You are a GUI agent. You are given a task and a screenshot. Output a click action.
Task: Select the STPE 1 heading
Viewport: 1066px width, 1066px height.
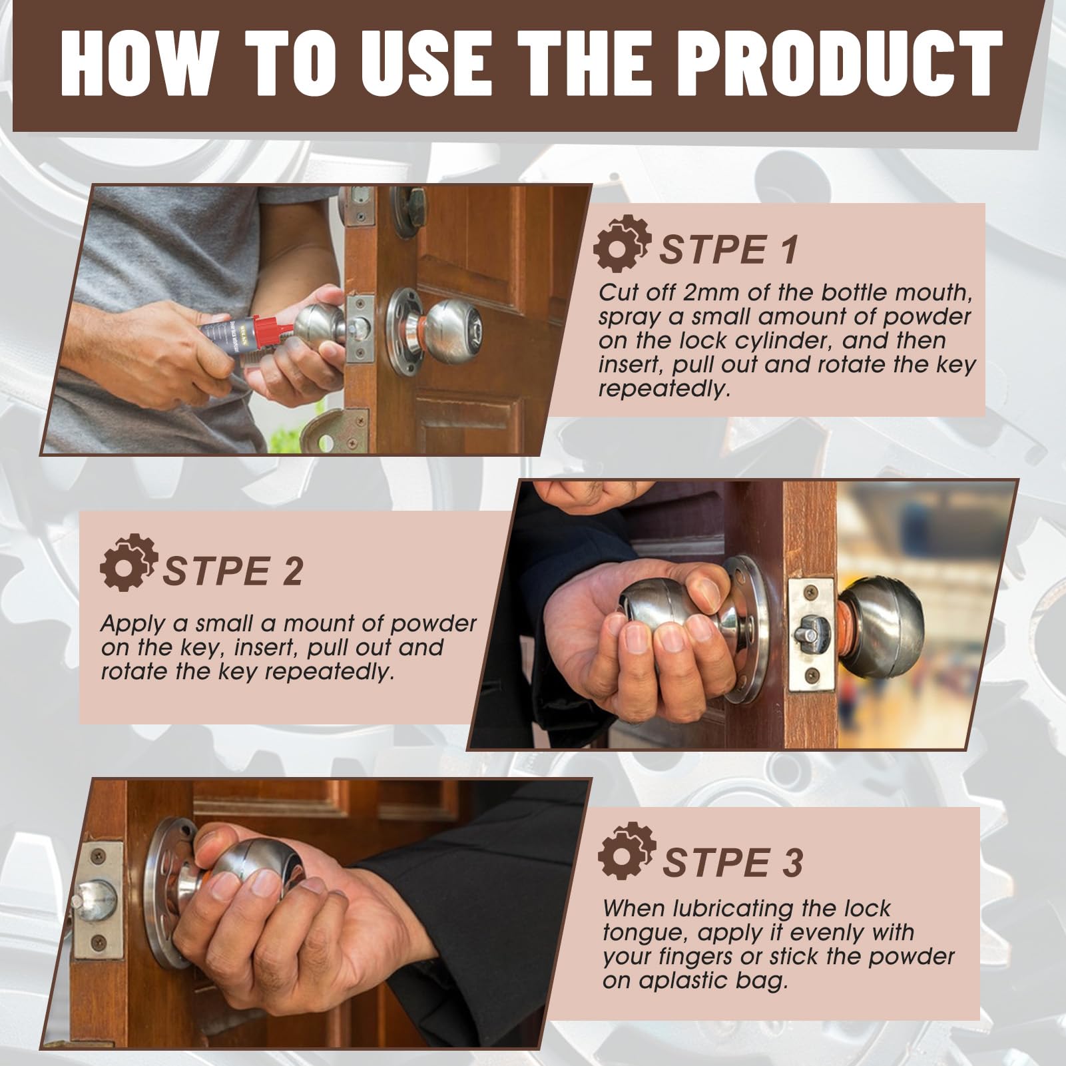click(x=729, y=250)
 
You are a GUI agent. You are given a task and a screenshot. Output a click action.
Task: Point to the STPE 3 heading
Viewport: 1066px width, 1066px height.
click(x=733, y=862)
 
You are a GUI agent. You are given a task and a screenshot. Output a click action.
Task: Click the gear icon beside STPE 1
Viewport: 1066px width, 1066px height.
click(x=621, y=244)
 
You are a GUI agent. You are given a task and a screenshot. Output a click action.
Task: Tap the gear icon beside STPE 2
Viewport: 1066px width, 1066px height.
click(x=129, y=563)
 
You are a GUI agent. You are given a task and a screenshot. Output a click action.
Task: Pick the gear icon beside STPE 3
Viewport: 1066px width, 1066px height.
click(x=627, y=852)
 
